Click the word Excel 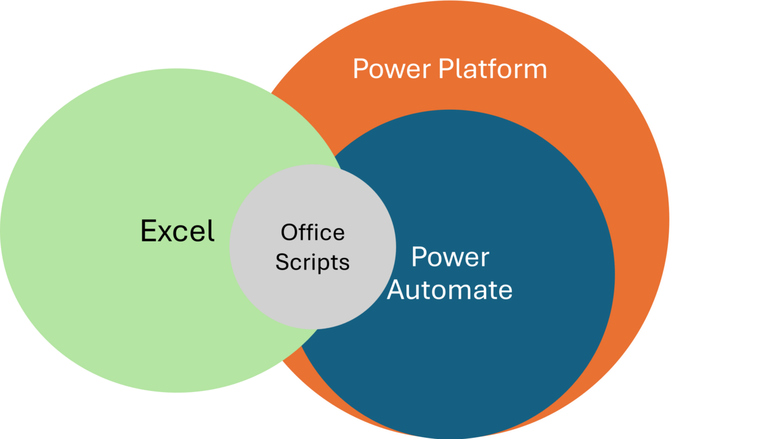tap(177, 231)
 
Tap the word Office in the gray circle tap(313, 232)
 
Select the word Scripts tap(313, 262)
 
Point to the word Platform tap(493, 69)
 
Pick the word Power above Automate tap(450, 258)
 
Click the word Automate tap(450, 290)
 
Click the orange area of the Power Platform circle tap(634, 183)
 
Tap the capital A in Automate tap(397, 290)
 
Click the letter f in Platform tap(487, 68)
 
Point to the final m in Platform tap(534, 71)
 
